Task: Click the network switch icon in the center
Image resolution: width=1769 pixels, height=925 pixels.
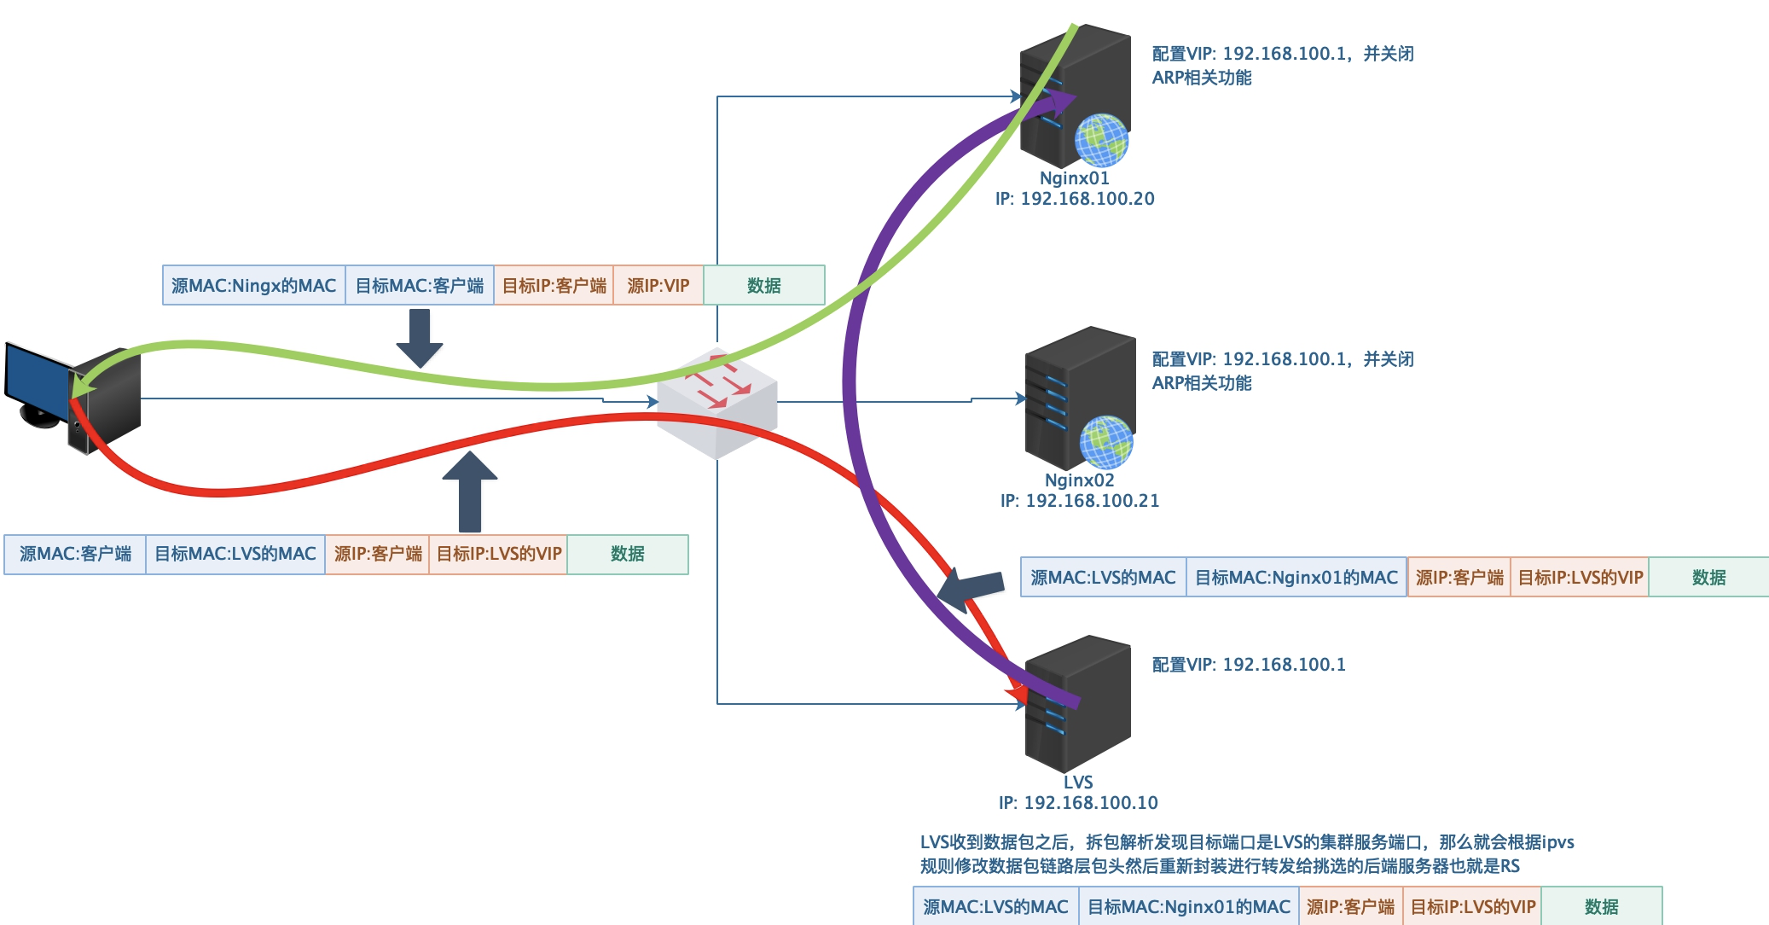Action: tap(717, 401)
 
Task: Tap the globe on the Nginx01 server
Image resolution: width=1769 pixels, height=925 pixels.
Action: tap(1101, 140)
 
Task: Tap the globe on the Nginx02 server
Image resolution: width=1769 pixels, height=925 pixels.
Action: tap(1106, 442)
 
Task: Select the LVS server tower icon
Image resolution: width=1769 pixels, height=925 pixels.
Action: tap(1078, 703)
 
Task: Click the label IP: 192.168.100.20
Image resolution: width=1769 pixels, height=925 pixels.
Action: tap(1075, 199)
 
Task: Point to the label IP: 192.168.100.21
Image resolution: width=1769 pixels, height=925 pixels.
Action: tap(1080, 501)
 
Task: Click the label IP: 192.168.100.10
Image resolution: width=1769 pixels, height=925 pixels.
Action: tap(1078, 803)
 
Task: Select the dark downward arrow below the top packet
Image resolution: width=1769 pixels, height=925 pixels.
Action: tap(420, 338)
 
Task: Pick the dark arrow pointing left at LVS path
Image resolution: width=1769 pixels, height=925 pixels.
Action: tap(971, 590)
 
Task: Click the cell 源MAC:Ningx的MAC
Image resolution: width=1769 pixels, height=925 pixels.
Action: tap(254, 286)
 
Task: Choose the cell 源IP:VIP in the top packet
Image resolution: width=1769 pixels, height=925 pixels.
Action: tap(658, 286)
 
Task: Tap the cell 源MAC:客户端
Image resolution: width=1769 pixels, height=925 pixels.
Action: tap(75, 554)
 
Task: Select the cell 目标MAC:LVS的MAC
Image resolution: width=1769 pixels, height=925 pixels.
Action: tap(235, 554)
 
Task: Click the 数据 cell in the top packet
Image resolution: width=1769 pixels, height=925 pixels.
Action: tap(763, 286)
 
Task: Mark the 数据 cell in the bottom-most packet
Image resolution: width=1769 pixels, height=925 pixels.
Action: tap(1601, 907)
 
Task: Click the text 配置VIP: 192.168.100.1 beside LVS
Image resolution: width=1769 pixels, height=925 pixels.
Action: tap(1249, 665)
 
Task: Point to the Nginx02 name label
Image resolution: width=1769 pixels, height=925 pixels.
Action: tap(1079, 480)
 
